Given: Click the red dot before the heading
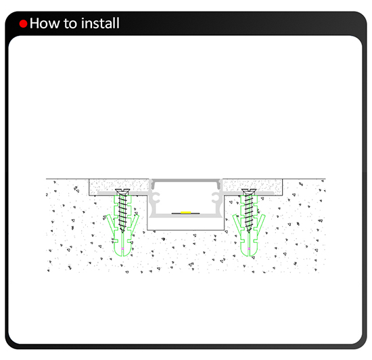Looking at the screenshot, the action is pyautogui.click(x=23, y=24).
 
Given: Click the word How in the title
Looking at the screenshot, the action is pyautogui.click(x=45, y=23).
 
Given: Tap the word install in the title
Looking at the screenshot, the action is pyautogui.click(x=100, y=23).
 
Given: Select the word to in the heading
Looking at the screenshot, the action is pyautogui.click(x=70, y=24).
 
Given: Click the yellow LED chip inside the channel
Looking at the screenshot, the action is pyautogui.click(x=186, y=212).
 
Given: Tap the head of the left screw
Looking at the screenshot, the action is pyautogui.click(x=122, y=192).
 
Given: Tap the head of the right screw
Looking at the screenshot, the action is pyautogui.click(x=249, y=192).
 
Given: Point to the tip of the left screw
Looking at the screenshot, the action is pyautogui.click(x=122, y=231).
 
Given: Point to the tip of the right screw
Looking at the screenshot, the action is pyautogui.click(x=249, y=231).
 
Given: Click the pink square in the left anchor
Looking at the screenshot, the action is pyautogui.click(x=122, y=248).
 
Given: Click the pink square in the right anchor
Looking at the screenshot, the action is pyautogui.click(x=249, y=248).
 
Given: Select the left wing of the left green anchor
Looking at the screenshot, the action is pyautogui.click(x=110, y=223).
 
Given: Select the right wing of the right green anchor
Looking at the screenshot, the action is pyautogui.click(x=261, y=223).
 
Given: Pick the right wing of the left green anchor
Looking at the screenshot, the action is pyautogui.click(x=134, y=223).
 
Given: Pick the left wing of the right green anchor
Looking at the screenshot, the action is pyautogui.click(x=237, y=223).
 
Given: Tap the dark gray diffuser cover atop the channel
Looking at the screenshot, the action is pyautogui.click(x=186, y=181).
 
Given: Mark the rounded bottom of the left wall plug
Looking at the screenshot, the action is pyautogui.click(x=122, y=254).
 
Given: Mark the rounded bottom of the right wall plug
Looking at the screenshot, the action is pyautogui.click(x=249, y=254).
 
